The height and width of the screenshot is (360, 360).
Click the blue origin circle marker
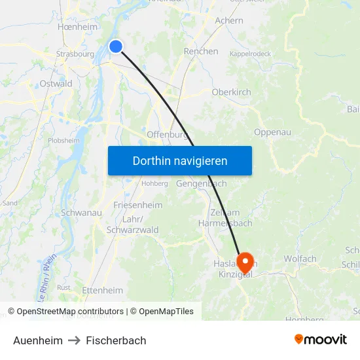tap(116, 46)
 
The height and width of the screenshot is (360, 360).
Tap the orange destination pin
tap(245, 263)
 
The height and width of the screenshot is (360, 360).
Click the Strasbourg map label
tap(75, 54)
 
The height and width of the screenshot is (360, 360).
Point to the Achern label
tap(229, 20)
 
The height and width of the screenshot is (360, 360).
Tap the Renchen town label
tap(201, 51)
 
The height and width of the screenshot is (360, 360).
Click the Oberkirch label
tap(231, 92)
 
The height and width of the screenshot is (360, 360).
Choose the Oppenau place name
tap(272, 132)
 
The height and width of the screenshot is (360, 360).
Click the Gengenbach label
tap(202, 184)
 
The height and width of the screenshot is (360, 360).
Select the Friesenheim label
tap(137, 205)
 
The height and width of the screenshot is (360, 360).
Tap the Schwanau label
tap(81, 213)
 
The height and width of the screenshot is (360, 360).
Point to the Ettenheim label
tap(102, 290)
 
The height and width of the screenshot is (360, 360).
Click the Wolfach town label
tap(300, 259)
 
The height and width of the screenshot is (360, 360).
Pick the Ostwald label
tap(56, 84)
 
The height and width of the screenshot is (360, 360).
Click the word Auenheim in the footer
tap(38, 340)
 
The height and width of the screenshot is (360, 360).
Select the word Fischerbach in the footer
tap(116, 340)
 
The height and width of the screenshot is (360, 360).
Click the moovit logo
tap(320, 339)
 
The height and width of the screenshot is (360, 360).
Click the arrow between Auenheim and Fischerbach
tap(74, 340)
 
